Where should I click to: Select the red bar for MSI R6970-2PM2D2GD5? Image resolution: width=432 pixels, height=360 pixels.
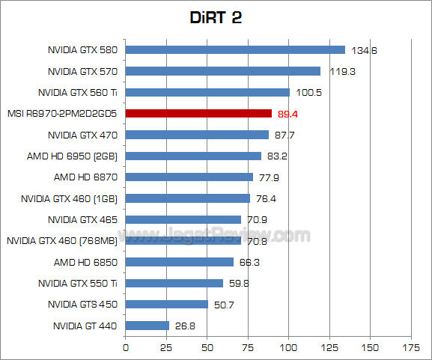pos(198,114)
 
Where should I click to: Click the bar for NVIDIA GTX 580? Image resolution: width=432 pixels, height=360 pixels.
pos(235,50)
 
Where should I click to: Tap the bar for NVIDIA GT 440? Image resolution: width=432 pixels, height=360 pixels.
pos(147,326)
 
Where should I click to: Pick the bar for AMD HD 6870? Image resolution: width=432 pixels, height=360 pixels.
pos(189,177)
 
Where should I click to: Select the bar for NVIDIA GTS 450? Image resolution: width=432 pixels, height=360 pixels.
pos(166,305)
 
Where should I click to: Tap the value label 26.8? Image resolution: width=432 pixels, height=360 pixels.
pos(185,326)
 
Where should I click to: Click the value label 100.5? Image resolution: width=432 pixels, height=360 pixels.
pos(307,93)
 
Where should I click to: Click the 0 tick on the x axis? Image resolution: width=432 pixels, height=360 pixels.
pos(125,347)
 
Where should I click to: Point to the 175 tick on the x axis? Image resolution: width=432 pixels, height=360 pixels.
pos(410,347)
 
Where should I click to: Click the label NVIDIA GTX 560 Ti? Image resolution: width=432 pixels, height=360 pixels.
pos(79,93)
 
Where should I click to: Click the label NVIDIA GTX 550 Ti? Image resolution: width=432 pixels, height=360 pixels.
pos(79,284)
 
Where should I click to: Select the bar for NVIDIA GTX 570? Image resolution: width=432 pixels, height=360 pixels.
pos(222,71)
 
